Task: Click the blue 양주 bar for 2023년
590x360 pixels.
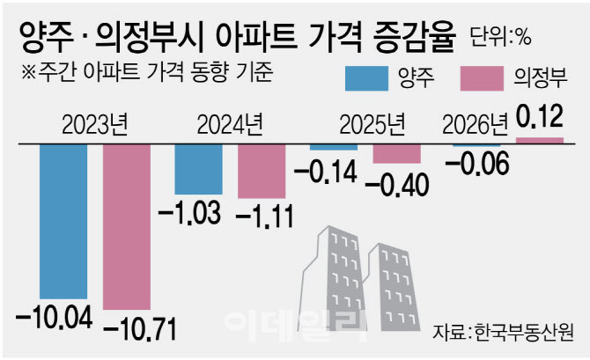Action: (x=63, y=220)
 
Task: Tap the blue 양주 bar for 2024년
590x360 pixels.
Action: (x=198, y=168)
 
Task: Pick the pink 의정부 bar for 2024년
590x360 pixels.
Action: (x=263, y=171)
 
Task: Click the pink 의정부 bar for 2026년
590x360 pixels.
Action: (x=539, y=139)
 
